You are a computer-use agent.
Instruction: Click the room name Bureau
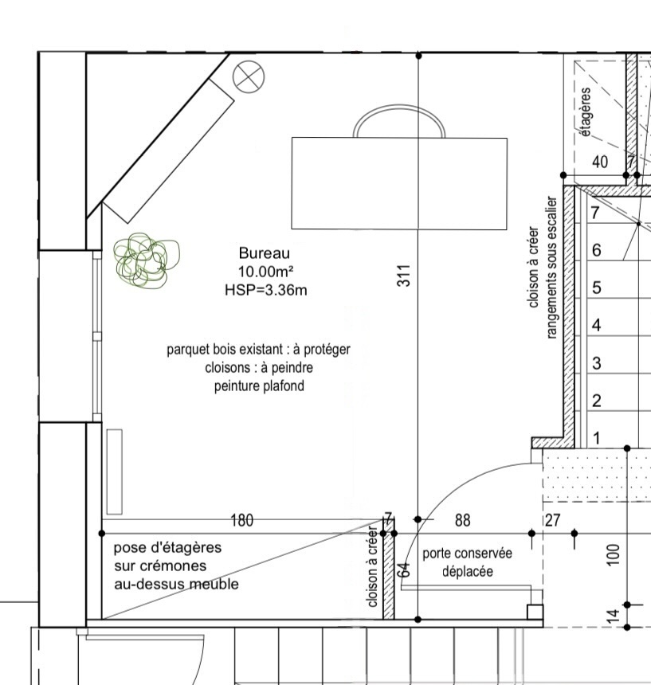(x=264, y=253)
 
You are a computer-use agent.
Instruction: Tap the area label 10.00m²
(x=265, y=272)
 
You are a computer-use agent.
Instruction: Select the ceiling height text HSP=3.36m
(x=265, y=290)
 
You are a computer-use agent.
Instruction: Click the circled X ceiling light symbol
(x=249, y=77)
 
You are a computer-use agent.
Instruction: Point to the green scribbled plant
(x=146, y=260)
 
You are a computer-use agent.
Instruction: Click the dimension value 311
(x=404, y=276)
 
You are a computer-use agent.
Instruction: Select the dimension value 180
(x=241, y=520)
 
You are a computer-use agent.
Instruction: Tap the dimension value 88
(x=463, y=520)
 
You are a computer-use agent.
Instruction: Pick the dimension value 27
(x=553, y=520)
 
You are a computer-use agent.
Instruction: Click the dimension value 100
(x=614, y=554)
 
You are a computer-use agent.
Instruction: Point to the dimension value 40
(x=600, y=162)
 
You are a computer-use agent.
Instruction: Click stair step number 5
(x=596, y=288)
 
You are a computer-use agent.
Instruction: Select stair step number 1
(x=597, y=438)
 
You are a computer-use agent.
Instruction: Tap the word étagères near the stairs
(x=586, y=112)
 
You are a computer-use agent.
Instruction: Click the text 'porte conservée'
(x=467, y=553)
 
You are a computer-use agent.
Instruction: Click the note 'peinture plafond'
(x=259, y=386)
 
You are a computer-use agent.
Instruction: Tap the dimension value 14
(x=614, y=615)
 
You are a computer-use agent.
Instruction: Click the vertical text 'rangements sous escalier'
(x=551, y=268)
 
